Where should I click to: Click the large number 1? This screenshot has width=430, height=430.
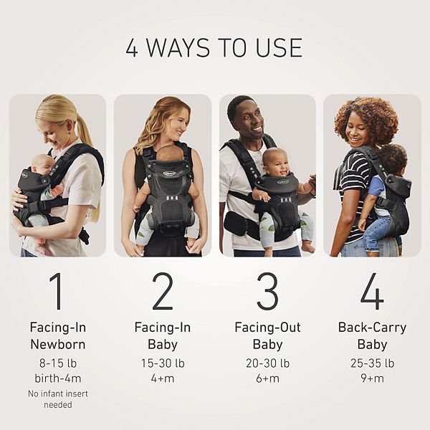coord(57,291)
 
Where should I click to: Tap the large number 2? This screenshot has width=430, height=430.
coord(163,291)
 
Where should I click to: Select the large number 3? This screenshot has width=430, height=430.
coord(267,291)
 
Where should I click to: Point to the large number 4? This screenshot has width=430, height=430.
coord(372,291)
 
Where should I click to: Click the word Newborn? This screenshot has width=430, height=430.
coord(58,345)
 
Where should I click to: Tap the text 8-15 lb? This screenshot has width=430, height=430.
coord(58,363)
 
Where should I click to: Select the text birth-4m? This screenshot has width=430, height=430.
coord(58,378)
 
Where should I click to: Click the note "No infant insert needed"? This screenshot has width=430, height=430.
coord(58,399)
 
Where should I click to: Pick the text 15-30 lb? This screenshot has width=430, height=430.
coord(163,363)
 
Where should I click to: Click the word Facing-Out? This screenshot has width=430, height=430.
coord(267,328)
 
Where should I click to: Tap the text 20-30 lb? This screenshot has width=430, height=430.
coord(267,363)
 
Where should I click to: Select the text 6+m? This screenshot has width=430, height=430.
coord(267,378)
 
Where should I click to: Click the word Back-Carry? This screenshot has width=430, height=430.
coord(372,328)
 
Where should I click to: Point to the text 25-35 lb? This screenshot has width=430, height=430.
coord(372,363)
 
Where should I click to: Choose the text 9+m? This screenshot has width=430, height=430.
coord(372,378)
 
